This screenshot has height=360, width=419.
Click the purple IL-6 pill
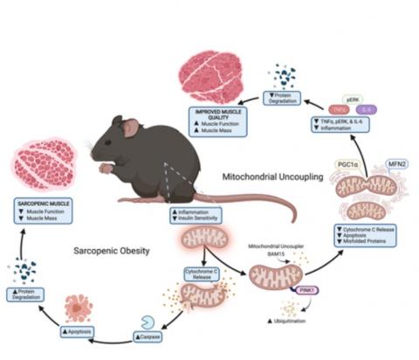(367, 109)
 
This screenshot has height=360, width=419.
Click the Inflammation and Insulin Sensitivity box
(199, 215)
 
